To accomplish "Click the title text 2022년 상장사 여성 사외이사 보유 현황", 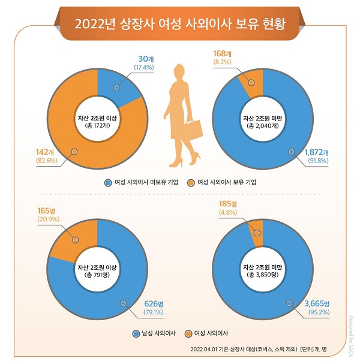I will [x=179, y=25].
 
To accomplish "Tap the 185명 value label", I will [x=228, y=204].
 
